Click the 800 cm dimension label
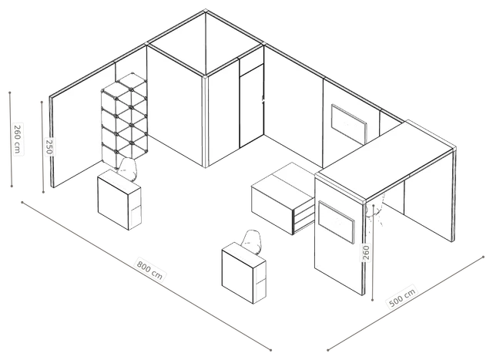[149, 269]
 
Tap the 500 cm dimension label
[402, 297]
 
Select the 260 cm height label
[18, 139]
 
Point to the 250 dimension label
[49, 146]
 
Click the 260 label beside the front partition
[366, 252]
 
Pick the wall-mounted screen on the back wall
[349, 123]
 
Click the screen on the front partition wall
[336, 222]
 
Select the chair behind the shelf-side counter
[128, 170]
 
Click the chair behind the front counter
[252, 242]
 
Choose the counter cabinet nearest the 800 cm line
[244, 273]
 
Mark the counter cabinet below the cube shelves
[119, 200]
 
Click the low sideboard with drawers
[283, 198]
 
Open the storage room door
[252, 106]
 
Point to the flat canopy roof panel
[386, 160]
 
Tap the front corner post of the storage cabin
[206, 122]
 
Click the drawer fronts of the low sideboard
[304, 217]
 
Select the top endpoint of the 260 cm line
[10, 93]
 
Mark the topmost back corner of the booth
[206, 12]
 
